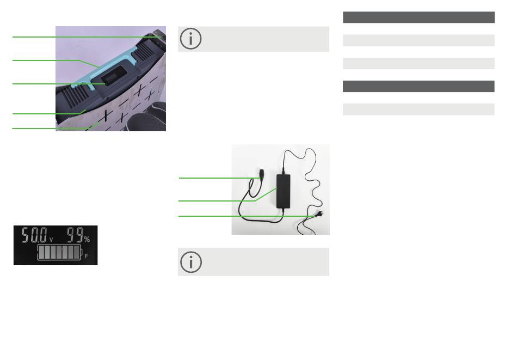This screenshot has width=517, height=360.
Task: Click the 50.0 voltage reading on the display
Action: [x=34, y=235]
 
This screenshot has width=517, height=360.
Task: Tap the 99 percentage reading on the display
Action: [x=75, y=235]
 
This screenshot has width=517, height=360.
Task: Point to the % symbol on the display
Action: [x=87, y=239]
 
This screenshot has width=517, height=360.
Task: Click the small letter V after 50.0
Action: [x=51, y=240]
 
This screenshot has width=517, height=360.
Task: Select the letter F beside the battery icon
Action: [x=87, y=256]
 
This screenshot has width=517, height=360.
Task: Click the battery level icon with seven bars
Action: [x=60, y=252]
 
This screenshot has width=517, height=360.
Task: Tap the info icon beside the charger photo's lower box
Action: [x=191, y=262]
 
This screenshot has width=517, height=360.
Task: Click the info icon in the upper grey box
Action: [x=190, y=39]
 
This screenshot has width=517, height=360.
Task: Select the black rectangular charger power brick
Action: [x=283, y=191]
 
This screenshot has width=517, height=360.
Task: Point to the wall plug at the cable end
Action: [x=319, y=214]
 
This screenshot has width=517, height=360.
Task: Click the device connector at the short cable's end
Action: [x=262, y=174]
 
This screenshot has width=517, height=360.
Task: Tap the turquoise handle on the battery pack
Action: [x=104, y=69]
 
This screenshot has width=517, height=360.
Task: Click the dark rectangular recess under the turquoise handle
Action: [x=113, y=75]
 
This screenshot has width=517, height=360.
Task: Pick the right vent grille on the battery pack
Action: [x=144, y=51]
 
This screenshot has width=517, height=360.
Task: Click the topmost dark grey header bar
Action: [x=418, y=17]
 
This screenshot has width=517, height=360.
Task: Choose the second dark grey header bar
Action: [x=418, y=87]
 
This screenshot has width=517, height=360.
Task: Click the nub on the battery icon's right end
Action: [x=82, y=252]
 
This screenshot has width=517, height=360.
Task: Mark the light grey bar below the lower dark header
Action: [x=418, y=109]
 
